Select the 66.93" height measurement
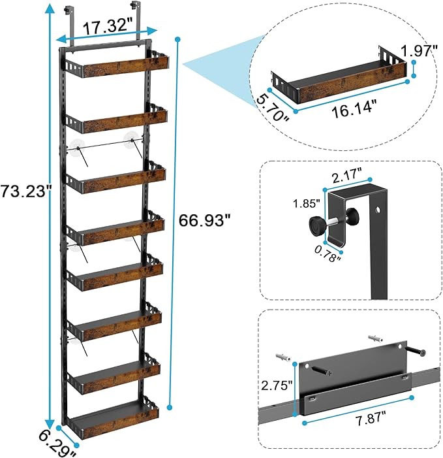[x=205, y=221]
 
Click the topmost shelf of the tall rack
[x=115, y=62]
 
